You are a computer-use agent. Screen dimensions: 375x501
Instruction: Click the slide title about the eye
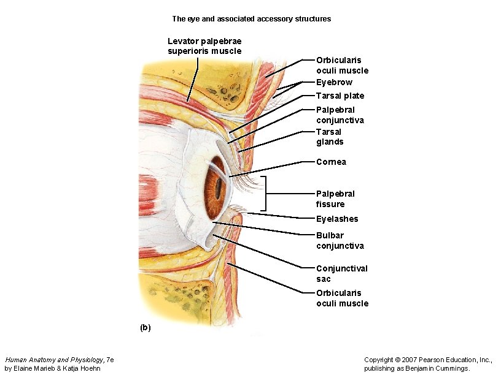pos(251,19)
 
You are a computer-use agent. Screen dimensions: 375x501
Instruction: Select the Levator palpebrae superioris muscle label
pos(204,46)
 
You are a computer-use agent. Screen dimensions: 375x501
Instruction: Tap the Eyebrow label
pos(334,82)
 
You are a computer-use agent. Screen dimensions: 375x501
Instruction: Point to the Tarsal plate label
pos(340,96)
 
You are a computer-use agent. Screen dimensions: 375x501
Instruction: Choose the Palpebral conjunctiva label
pos(340,115)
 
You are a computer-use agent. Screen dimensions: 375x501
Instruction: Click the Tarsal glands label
pos(330,137)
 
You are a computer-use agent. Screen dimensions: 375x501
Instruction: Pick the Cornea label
pos(331,162)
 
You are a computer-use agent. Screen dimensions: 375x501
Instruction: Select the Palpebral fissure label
pos(335,199)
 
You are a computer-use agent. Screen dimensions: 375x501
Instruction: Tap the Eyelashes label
pos(337,219)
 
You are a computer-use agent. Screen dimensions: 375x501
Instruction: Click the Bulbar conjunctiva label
pos(340,240)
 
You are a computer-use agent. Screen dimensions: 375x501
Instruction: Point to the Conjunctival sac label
pos(341,273)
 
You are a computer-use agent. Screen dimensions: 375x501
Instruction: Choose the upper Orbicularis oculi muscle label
pos(342,65)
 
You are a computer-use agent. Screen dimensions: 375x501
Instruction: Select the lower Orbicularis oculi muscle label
pos(342,298)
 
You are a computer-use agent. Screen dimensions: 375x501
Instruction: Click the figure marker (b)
pos(144,328)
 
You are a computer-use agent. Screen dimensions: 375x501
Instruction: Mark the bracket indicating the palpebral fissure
pos(266,194)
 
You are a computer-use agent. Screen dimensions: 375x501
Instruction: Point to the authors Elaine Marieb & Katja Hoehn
pos(53,369)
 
